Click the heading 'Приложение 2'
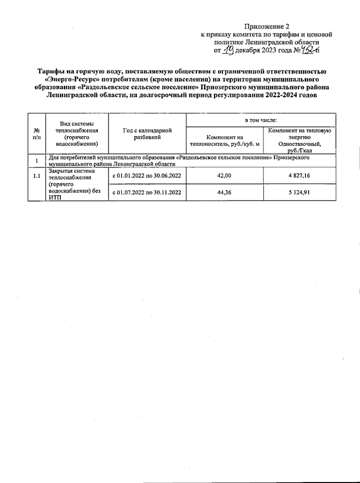pos(267,26)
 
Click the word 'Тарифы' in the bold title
pos(49,72)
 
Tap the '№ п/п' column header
pos(37,134)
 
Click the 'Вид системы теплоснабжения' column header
pos(77,134)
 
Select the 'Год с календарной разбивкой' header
pos(147,134)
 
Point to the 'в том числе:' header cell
pos(260,120)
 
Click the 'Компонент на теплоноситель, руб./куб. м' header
pos(225,141)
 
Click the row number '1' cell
pos(37,161)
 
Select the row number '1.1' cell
pos(37,176)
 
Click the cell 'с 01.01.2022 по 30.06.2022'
pos(147,176)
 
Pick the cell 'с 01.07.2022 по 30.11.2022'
pos(147,192)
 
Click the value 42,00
pos(224,176)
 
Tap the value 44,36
pos(224,192)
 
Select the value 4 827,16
pos(299,176)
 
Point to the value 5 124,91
pos(299,192)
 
